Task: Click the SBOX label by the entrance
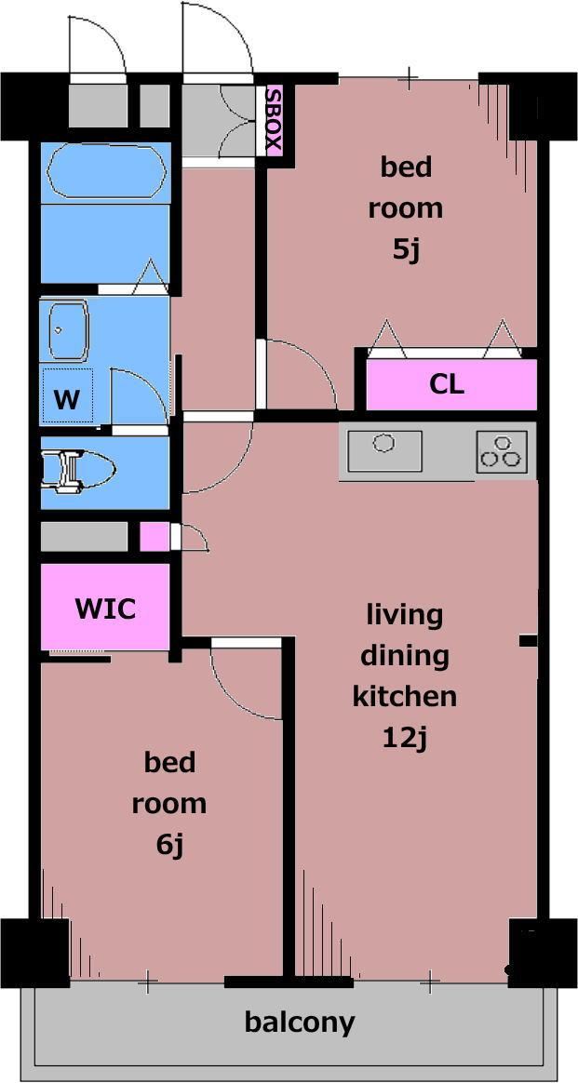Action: click(275, 121)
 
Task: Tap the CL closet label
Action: click(447, 384)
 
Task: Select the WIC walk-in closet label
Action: click(105, 609)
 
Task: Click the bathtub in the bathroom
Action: click(106, 173)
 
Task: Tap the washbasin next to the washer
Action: click(68, 330)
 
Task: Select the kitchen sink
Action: click(384, 451)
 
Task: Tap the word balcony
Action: click(300, 1023)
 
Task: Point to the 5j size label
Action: click(406, 249)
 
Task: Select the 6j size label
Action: click(170, 845)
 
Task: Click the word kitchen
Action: click(405, 696)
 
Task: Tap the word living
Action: click(405, 615)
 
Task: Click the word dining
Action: click(405, 655)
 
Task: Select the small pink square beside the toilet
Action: click(154, 538)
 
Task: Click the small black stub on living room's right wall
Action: click(529, 642)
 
